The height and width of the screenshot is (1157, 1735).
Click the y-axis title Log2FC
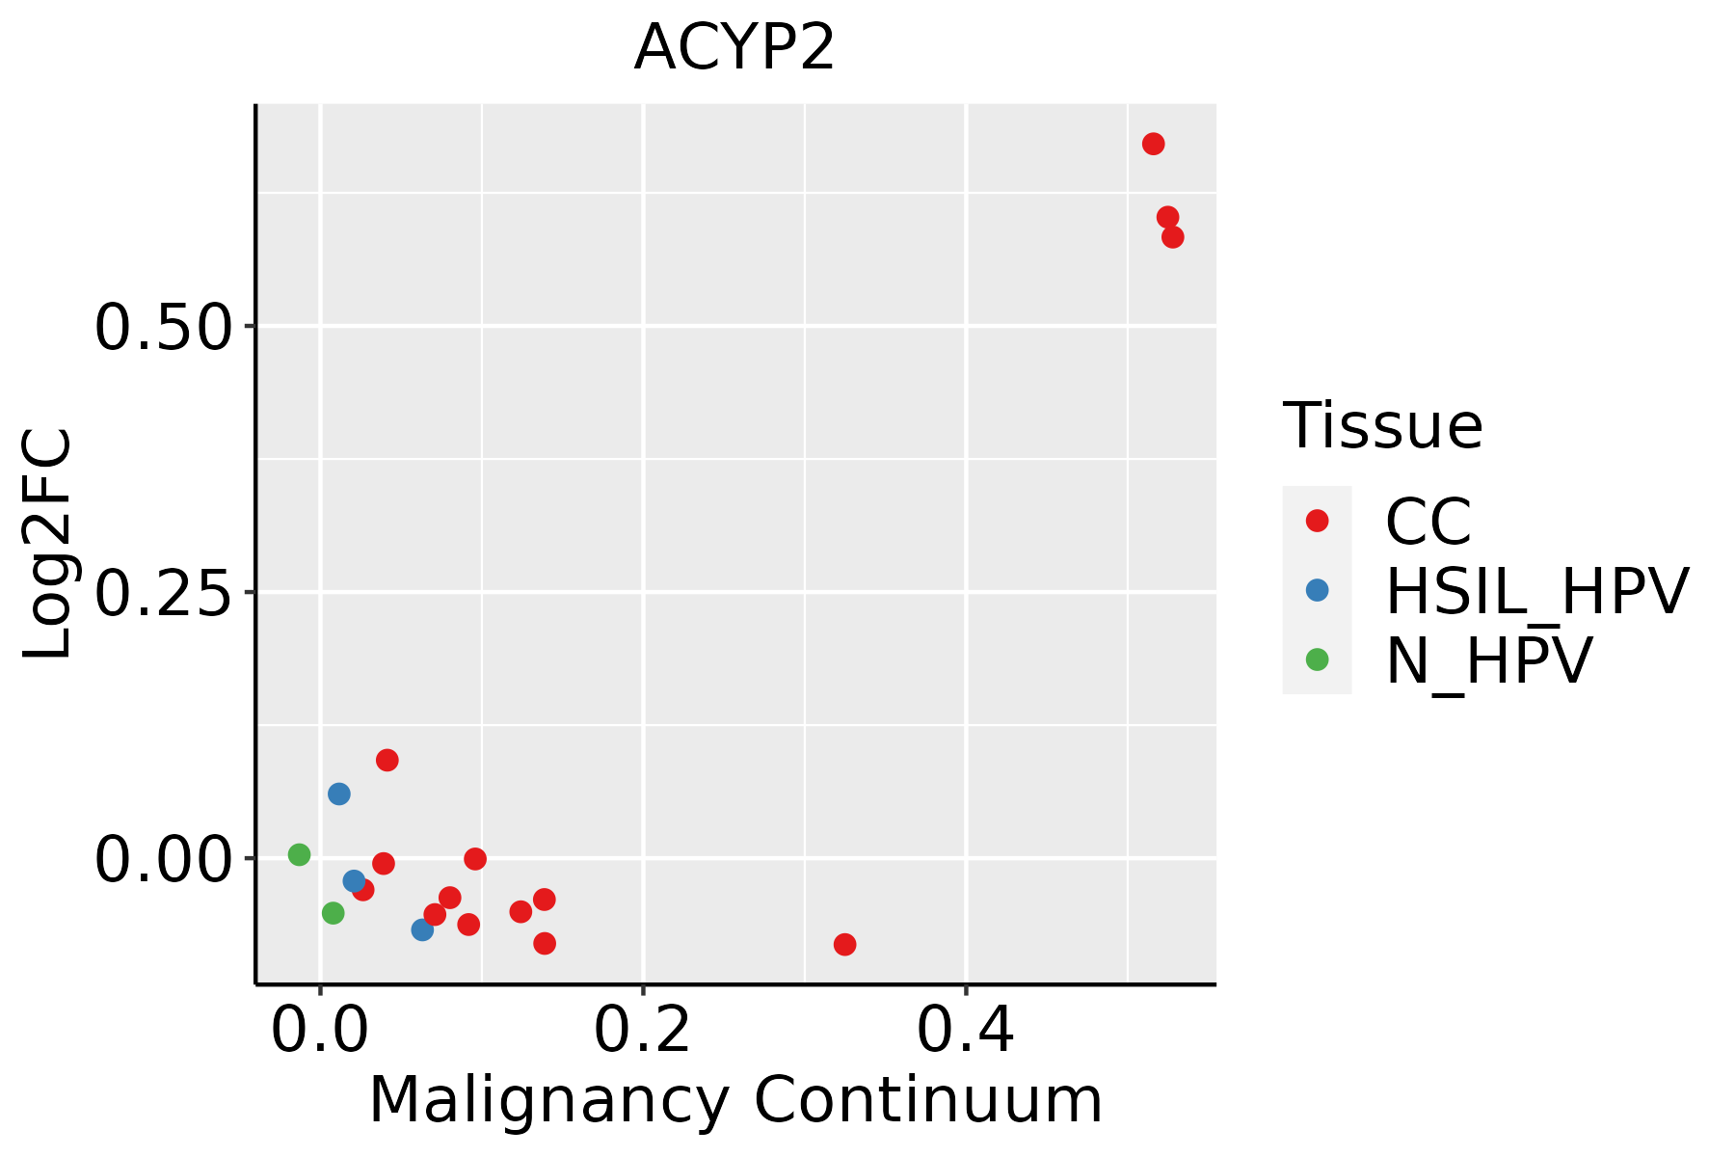[48, 544]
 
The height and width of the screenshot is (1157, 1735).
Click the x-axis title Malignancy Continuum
[734, 1101]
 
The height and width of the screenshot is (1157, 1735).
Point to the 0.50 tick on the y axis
[164, 327]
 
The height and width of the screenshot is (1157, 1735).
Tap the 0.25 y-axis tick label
[164, 592]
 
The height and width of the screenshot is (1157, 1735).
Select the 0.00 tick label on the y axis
[164, 858]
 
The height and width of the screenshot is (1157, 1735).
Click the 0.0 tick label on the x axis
[320, 1032]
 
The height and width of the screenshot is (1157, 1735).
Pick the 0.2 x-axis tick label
[642, 1032]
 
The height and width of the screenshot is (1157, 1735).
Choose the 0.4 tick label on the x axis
[965, 1032]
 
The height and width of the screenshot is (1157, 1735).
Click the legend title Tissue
[1382, 425]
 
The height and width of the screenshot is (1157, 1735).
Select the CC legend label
[1428, 522]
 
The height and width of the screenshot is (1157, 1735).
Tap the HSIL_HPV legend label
[1536, 591]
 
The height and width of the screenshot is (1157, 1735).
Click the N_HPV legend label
[1488, 660]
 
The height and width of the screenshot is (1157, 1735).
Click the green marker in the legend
[1317, 659]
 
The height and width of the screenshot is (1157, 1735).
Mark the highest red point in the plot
[1153, 144]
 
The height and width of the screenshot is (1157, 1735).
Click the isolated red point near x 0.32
[844, 944]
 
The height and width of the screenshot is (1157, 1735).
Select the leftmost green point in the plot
[299, 854]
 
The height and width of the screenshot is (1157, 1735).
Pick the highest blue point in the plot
[338, 794]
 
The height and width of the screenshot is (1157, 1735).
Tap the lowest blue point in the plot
[422, 929]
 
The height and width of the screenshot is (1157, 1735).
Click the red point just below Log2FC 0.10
[387, 760]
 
